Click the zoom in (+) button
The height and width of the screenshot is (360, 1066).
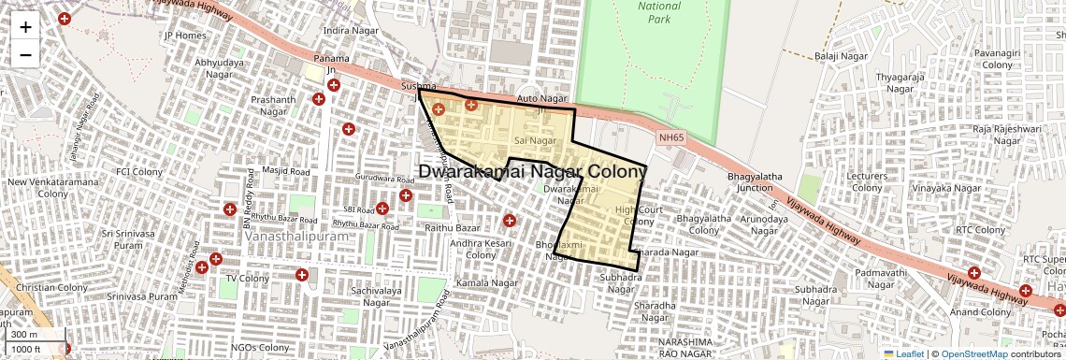click(x=25, y=27)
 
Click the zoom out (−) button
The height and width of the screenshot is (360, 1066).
click(x=25, y=54)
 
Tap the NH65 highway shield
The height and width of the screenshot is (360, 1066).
click(x=670, y=137)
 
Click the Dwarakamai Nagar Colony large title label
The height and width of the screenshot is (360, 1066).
click(x=532, y=172)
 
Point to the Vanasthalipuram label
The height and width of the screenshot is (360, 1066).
click(x=296, y=237)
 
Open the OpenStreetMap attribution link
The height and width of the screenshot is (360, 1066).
click(x=973, y=354)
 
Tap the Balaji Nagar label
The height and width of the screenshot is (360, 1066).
click(x=842, y=56)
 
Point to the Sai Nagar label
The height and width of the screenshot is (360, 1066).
click(x=535, y=140)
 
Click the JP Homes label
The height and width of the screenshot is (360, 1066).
click(x=184, y=36)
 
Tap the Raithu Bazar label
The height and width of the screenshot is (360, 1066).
click(x=453, y=228)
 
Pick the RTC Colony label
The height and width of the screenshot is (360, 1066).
click(x=978, y=229)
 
